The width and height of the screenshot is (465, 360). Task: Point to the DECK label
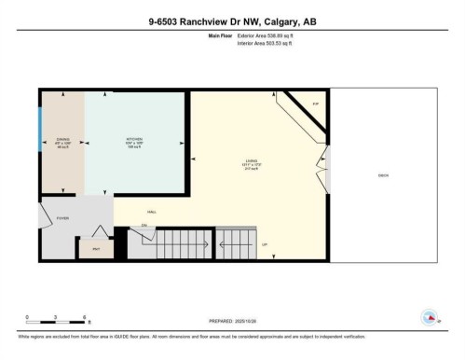pyautogui.click(x=383, y=175)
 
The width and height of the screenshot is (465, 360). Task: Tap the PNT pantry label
pyautogui.click(x=95, y=250)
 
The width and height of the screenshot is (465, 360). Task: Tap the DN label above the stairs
pyautogui.click(x=144, y=227)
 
